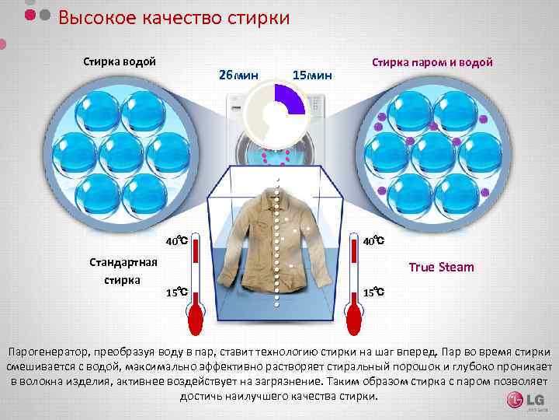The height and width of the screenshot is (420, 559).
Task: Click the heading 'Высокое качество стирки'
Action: (174, 18)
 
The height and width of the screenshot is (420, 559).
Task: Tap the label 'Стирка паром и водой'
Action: (432, 62)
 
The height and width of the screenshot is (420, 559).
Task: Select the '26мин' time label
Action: (238, 75)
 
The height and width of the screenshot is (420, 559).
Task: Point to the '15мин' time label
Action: (312, 75)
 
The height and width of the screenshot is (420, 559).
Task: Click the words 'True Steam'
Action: (440, 268)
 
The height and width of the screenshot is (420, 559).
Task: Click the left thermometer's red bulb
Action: (195, 318)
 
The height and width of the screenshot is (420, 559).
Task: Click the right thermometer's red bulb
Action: (355, 318)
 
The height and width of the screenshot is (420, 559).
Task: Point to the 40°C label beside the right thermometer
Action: (374, 240)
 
